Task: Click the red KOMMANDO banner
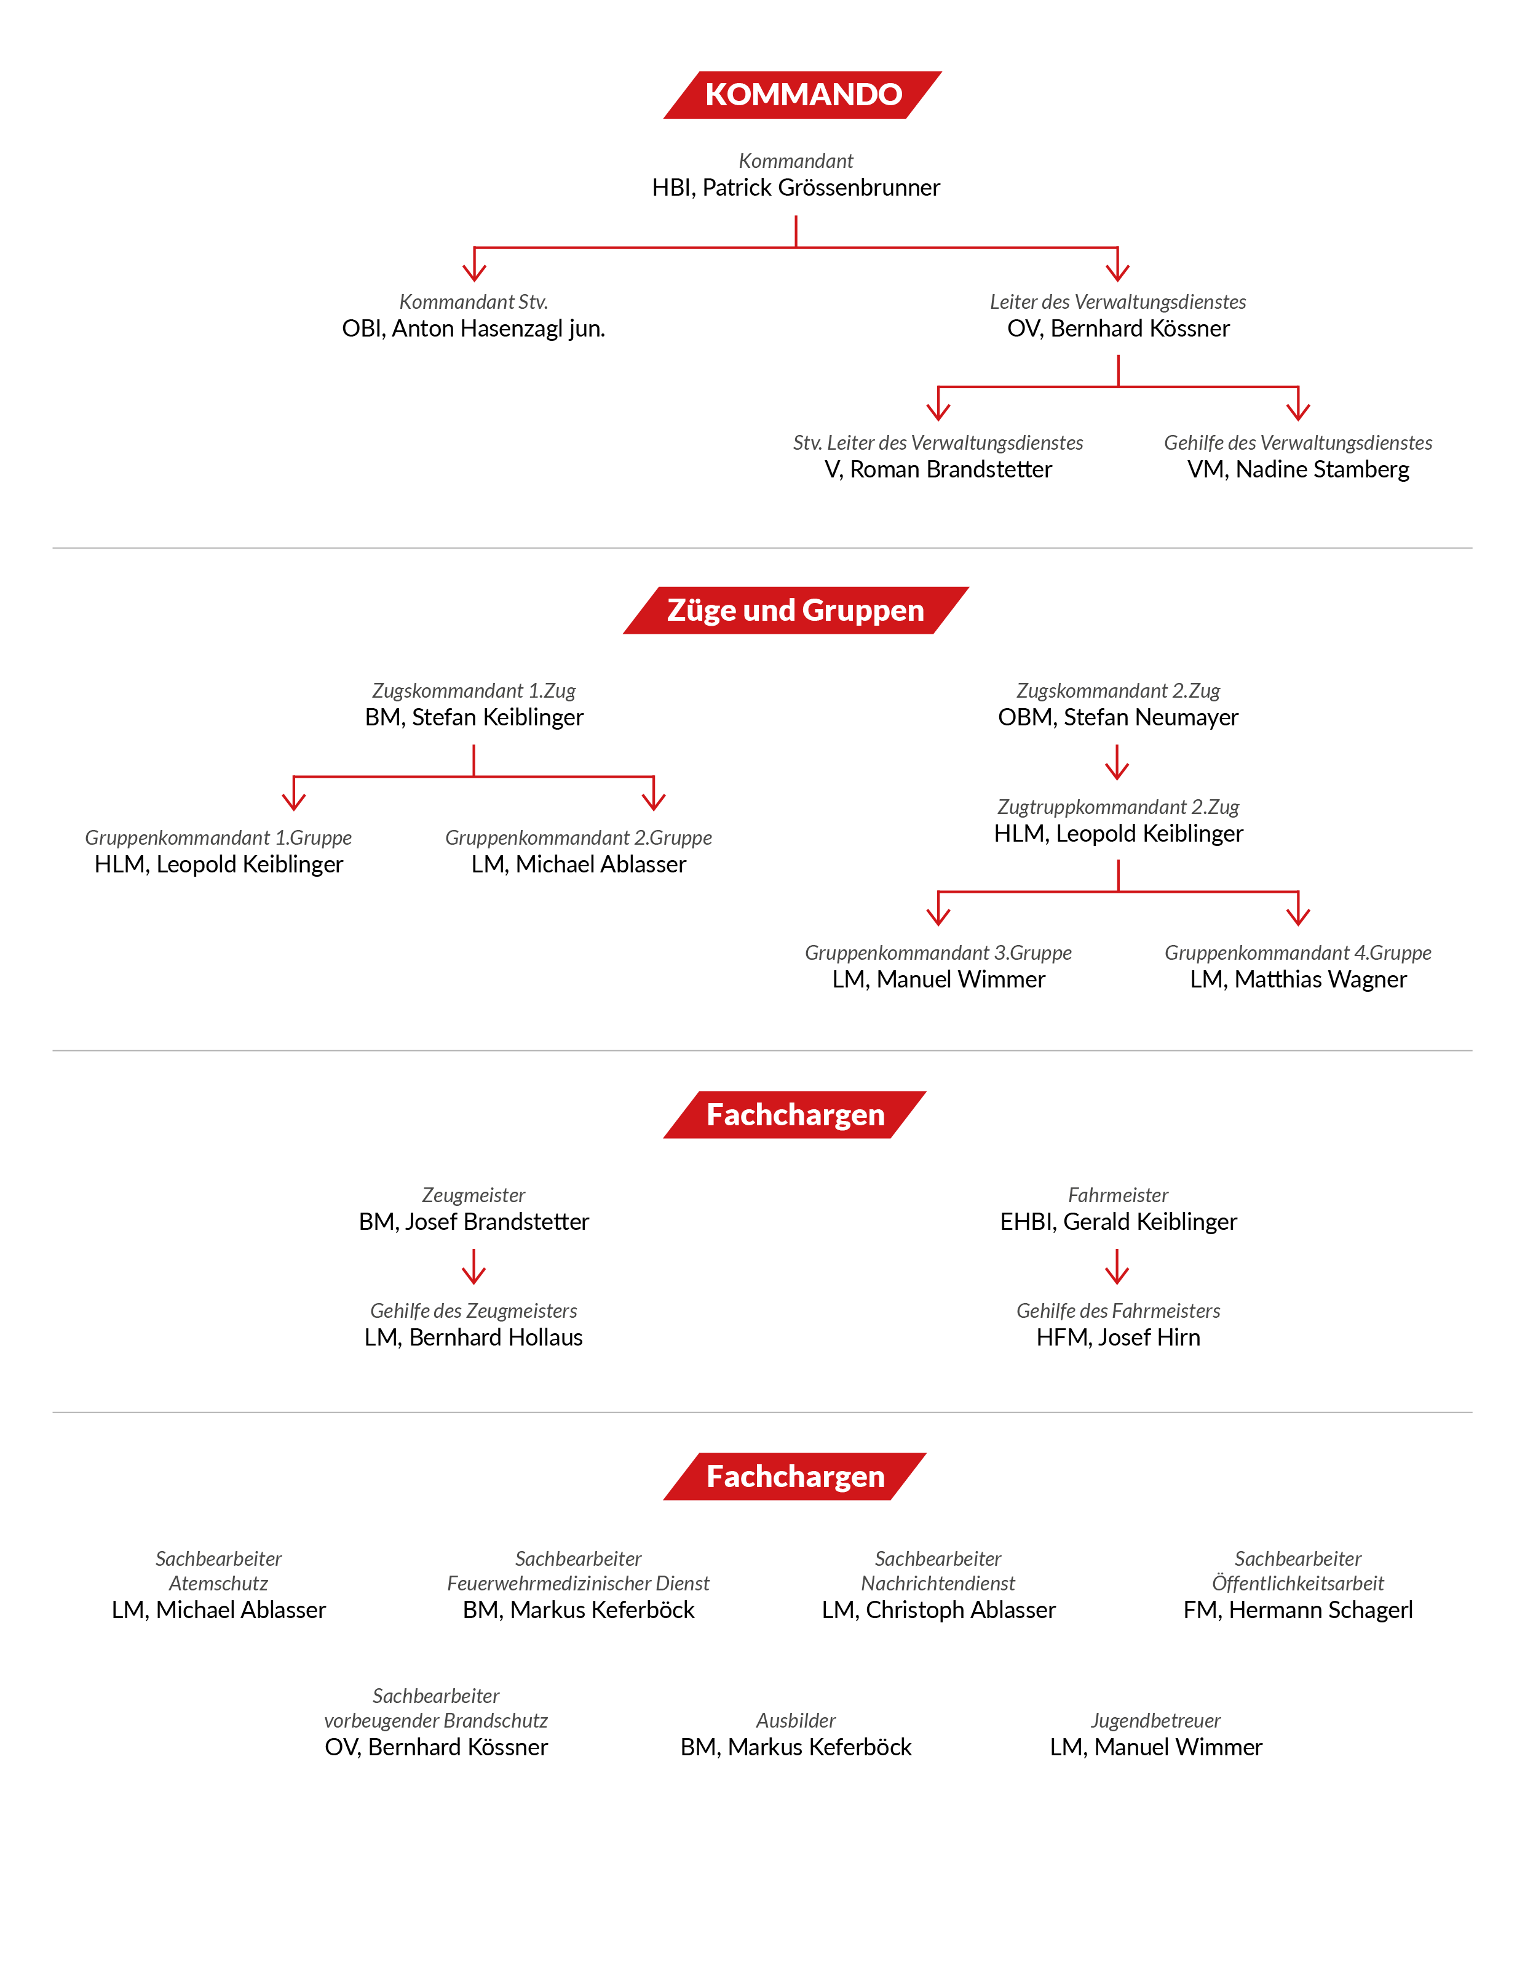tap(802, 94)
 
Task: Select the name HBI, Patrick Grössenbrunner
tap(796, 188)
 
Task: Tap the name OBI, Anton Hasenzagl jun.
tap(473, 329)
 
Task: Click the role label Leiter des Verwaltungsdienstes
tap(1118, 302)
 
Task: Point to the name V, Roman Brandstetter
tap(938, 470)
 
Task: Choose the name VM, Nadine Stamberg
tap(1297, 470)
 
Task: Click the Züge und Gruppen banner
tap(796, 610)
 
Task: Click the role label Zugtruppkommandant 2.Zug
tap(1118, 807)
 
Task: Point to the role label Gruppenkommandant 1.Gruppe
tap(218, 838)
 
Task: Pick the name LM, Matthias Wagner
tap(1297, 979)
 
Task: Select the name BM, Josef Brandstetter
tap(473, 1222)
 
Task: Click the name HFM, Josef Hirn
tap(1118, 1338)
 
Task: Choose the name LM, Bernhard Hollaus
tap(473, 1338)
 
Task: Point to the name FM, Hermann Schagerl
tap(1297, 1610)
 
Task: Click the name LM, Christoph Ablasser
tap(938, 1610)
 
